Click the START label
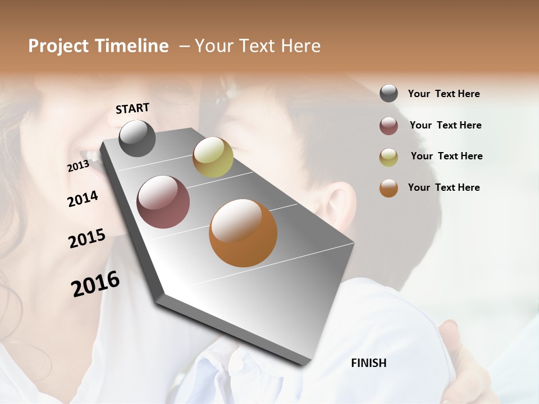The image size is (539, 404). (133, 108)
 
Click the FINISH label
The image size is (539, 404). (369, 363)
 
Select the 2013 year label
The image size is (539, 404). (78, 166)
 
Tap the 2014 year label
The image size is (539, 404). (83, 199)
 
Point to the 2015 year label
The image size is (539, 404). (87, 238)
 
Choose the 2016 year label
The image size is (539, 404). (95, 284)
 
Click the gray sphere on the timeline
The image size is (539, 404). (138, 138)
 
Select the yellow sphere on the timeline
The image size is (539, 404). (213, 157)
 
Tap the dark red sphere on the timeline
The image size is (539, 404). (163, 202)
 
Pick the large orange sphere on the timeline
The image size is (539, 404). (243, 233)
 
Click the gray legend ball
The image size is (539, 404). (389, 94)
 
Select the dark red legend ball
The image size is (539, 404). (389, 126)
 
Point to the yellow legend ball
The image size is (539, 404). (389, 157)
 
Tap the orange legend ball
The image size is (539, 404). (389, 188)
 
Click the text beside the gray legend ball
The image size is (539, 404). (444, 94)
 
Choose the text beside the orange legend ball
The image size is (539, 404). (444, 187)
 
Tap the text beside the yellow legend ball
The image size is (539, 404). (446, 156)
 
